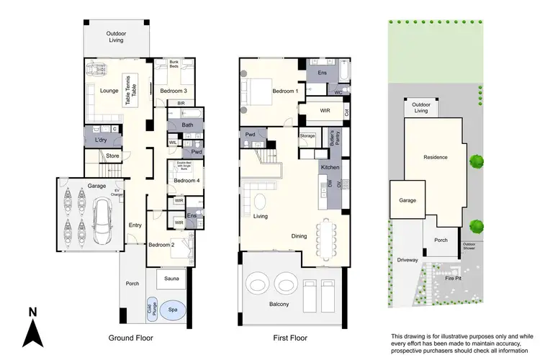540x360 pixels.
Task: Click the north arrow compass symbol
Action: (x=32, y=328)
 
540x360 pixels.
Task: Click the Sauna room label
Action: (x=171, y=278)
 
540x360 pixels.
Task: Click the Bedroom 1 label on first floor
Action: (x=286, y=91)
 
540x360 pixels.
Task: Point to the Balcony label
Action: (x=279, y=305)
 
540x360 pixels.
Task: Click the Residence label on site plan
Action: (x=436, y=157)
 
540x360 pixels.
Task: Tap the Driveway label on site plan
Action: (x=408, y=260)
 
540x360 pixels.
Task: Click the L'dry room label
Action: (x=99, y=140)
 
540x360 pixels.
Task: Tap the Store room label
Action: (x=112, y=156)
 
